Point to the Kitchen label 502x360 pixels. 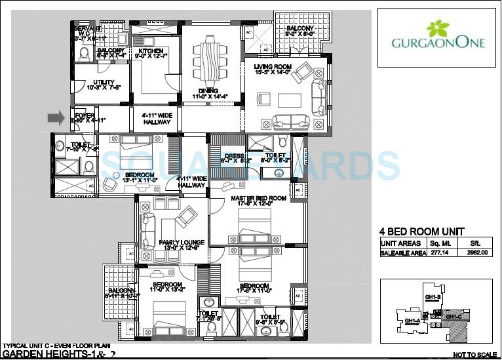click(150, 51)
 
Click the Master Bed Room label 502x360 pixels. click(258, 198)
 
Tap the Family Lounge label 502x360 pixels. click(182, 243)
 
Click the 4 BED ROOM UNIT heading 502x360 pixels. click(422, 231)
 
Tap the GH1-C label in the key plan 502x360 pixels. click(454, 317)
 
